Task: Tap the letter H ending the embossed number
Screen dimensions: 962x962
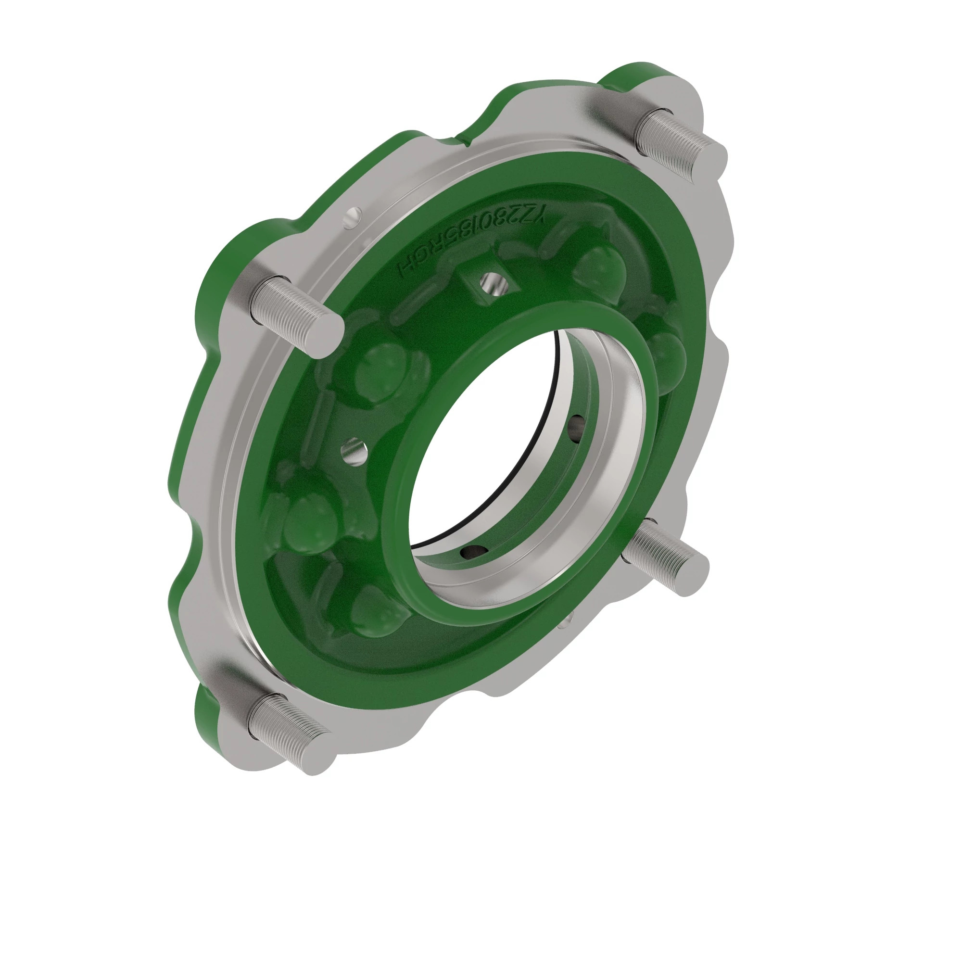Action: pyautogui.click(x=404, y=271)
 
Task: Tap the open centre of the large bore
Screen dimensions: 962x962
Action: pyautogui.click(x=503, y=448)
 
